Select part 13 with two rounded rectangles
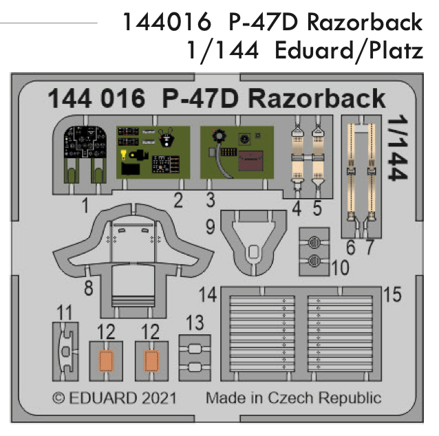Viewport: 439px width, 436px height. coord(194,358)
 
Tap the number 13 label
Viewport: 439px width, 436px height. coord(195,322)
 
